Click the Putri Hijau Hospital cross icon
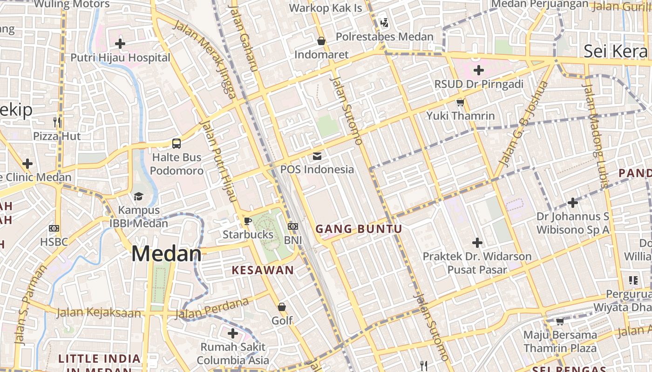coord(120,44)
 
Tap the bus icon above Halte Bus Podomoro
coord(177,143)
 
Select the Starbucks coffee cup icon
coord(247,221)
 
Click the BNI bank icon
coord(293,226)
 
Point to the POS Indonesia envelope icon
coord(317,156)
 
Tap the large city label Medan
coord(166,254)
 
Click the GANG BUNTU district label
coord(359,229)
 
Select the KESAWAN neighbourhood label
coord(263,270)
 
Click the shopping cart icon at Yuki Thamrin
coord(460,102)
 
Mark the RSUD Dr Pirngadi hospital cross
coord(478,71)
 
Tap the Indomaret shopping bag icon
coord(321,41)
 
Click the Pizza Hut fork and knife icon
coord(57,122)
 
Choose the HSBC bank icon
coord(54,228)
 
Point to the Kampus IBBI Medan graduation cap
coord(138,196)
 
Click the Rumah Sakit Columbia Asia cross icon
coord(233,333)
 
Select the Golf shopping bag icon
coord(282,307)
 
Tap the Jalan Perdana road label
coord(212,309)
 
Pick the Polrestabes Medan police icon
coord(384,22)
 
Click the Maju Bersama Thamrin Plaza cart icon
coord(560,321)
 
